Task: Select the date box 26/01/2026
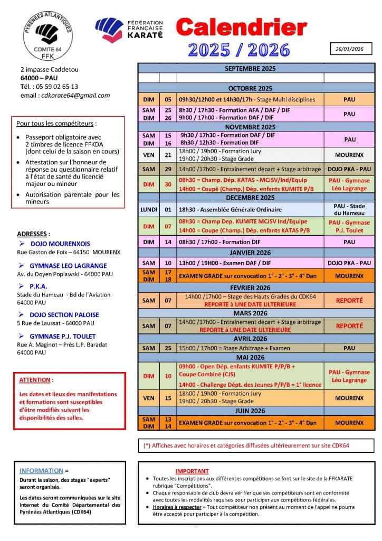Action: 350,49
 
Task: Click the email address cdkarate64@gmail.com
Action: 73,96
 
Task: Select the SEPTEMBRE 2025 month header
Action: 250,69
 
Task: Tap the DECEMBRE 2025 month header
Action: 250,198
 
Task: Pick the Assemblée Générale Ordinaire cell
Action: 250,209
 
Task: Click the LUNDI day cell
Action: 148,209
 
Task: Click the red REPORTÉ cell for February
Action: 349,300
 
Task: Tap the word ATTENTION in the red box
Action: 36,380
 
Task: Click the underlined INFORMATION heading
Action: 41,470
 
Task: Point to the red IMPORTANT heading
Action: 192,471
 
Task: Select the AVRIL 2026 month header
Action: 250,339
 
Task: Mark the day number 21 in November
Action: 168,155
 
